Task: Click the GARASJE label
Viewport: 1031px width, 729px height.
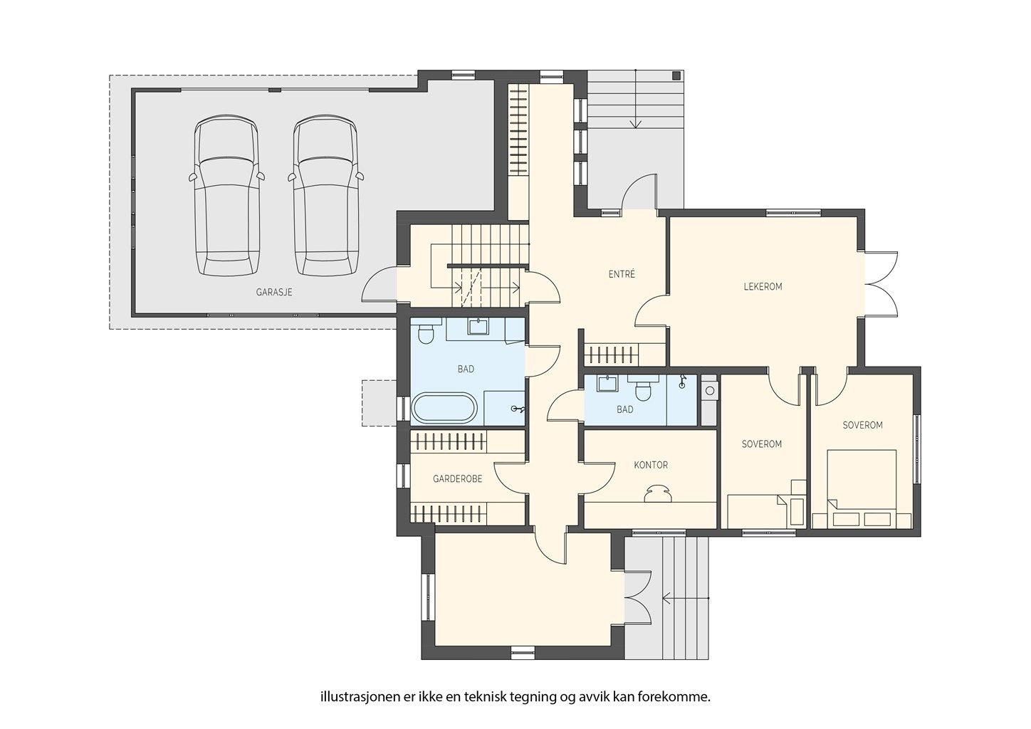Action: coord(274,293)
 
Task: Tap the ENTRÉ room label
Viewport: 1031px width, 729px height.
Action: coord(622,274)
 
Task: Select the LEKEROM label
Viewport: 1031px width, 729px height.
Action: coord(763,287)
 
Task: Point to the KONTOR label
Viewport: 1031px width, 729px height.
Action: coord(651,465)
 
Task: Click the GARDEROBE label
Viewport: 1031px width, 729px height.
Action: coord(458,479)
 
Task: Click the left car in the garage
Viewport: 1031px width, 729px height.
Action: coord(226,196)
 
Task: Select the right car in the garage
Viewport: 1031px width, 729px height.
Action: coord(325,196)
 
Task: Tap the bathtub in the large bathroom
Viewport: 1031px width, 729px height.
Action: coord(444,408)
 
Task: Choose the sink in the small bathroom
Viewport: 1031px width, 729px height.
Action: coord(607,384)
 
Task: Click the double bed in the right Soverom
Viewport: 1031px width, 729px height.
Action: coord(862,488)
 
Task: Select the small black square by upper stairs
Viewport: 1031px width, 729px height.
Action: coord(676,75)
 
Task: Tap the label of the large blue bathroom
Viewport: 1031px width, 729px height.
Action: coord(466,369)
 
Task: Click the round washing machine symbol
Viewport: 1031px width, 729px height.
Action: coord(710,391)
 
